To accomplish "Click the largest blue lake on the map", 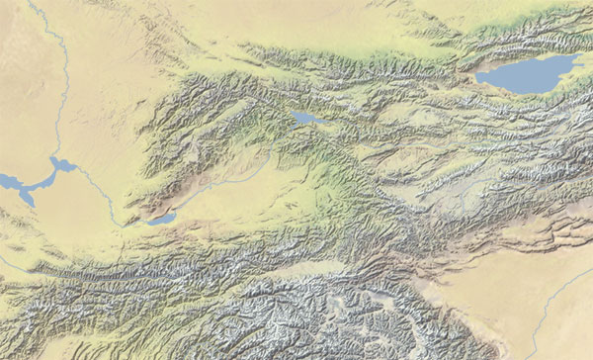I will [x=529, y=73].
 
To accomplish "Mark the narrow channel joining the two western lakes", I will [x=42, y=179].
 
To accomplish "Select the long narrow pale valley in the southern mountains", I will [x=296, y=267].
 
